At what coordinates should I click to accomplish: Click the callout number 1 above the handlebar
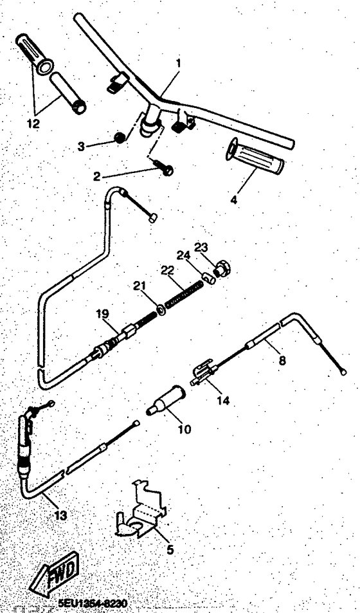click(178, 63)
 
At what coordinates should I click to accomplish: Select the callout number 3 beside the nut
click(80, 147)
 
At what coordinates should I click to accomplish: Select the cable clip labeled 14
click(203, 376)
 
